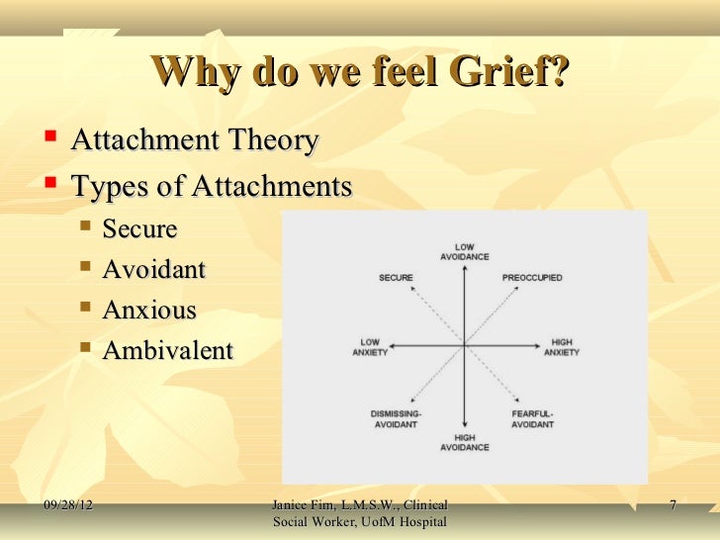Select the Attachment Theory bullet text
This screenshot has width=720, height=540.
[195, 141]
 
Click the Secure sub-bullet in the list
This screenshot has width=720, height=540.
[139, 229]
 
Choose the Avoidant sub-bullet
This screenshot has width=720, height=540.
[154, 269]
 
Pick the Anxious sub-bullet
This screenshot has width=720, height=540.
[149, 310]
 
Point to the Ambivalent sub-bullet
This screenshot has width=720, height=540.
[168, 350]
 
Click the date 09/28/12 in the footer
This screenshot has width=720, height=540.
[75, 506]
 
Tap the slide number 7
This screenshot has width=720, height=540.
[672, 506]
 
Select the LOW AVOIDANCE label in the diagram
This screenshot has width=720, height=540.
[464, 252]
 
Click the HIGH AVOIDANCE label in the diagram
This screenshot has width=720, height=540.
[464, 442]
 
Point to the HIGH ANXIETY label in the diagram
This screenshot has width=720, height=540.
[561, 348]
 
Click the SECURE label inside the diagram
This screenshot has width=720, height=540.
[396, 278]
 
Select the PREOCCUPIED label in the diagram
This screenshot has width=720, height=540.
[532, 278]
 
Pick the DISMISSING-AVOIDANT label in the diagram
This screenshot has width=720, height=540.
[396, 418]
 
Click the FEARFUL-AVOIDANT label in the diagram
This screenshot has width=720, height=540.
[531, 418]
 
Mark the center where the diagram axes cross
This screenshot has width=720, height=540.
[464, 345]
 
